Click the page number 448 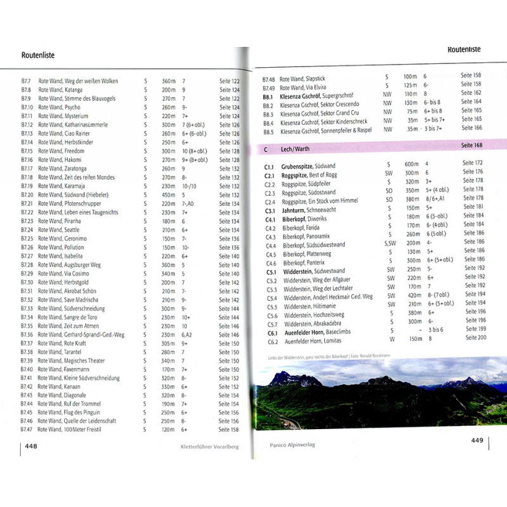point(31,446)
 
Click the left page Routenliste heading point(38,55)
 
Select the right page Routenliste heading point(464,49)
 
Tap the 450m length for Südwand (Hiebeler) point(168,195)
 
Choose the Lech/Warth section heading point(297,148)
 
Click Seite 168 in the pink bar point(472,146)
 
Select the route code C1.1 point(269,164)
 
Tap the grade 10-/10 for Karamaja point(190,186)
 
